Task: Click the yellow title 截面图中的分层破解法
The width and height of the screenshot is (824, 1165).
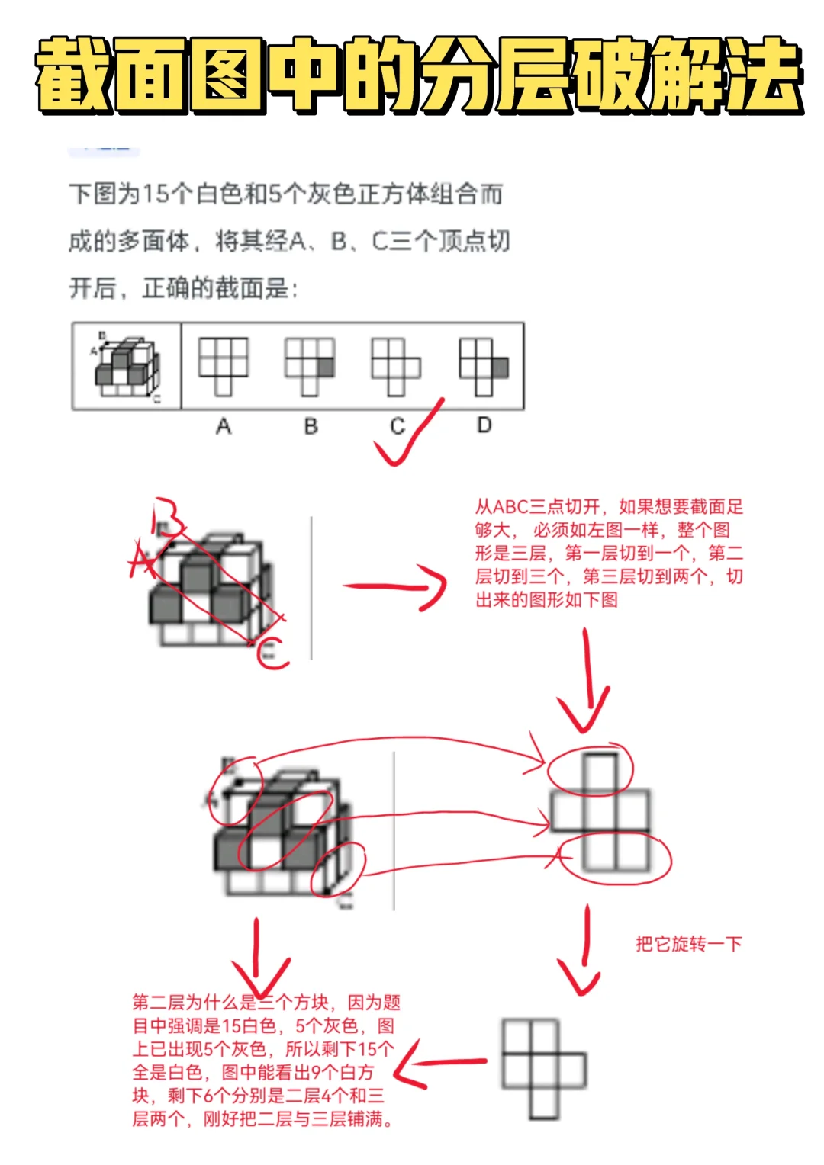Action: [418, 75]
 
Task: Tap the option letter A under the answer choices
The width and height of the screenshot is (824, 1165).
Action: [223, 425]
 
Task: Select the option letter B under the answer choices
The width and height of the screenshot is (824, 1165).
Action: [311, 425]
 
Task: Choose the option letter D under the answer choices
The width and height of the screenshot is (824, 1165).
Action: [484, 425]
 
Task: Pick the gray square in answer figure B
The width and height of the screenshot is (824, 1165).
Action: [326, 367]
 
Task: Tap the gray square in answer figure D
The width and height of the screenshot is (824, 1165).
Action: [500, 368]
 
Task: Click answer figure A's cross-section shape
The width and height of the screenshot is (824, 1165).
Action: [223, 366]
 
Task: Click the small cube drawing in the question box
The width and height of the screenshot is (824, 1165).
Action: [127, 366]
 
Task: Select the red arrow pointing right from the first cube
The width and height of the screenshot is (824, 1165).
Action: [397, 587]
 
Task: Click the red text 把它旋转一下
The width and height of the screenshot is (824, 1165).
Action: [688, 944]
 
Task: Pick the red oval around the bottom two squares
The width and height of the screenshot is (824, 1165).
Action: [616, 857]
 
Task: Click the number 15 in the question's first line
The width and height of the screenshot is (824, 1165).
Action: [154, 194]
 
